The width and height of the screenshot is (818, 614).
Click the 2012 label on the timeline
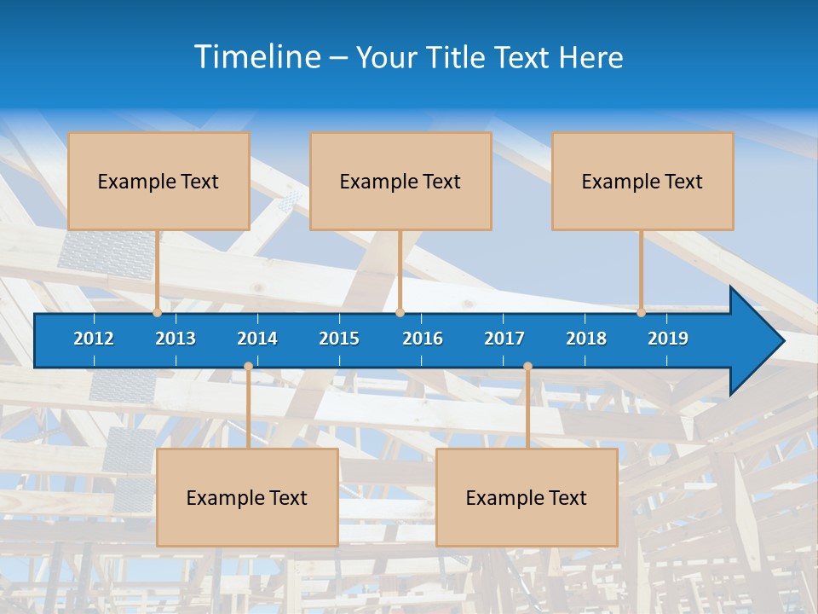94,339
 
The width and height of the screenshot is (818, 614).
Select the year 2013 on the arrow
176,339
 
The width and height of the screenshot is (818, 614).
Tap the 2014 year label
257,339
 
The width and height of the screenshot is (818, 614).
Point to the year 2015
339,339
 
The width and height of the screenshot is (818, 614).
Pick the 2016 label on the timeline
423,339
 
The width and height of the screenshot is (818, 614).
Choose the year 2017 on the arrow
504,339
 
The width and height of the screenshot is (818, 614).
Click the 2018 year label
586,339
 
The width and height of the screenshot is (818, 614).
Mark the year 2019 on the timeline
668,339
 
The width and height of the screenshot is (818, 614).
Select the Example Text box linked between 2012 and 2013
158,181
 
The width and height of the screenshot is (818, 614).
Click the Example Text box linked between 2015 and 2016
400,181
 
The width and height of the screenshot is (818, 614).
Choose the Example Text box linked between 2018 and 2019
642,181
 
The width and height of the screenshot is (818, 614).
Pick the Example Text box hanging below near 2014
247,497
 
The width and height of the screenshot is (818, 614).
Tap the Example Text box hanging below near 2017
527,497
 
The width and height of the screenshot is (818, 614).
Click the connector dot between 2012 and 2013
158,312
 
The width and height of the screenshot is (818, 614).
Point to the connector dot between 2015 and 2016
400,312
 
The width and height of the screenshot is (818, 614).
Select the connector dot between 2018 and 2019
641,312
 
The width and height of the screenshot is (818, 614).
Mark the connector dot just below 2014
248,367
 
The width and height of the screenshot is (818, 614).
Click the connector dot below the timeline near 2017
527,367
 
